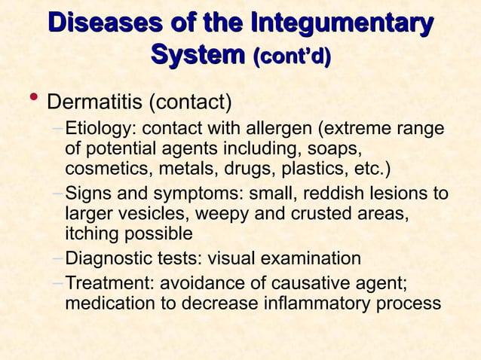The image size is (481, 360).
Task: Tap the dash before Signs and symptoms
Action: tap(59, 195)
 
